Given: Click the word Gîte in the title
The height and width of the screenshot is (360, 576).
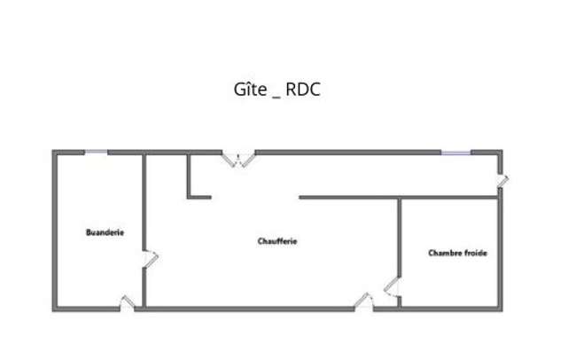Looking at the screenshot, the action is coord(250,90).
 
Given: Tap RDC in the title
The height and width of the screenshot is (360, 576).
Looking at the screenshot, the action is coord(303,90).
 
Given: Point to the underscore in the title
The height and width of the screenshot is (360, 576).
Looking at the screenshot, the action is coord(276,98).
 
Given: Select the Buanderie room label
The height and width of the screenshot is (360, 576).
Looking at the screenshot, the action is coord(105,232).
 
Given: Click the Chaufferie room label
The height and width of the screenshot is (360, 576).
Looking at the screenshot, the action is coord(277,241).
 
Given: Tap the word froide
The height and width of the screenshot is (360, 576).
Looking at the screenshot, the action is coord(475,253).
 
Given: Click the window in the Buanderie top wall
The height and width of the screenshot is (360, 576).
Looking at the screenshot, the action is coord(97,152).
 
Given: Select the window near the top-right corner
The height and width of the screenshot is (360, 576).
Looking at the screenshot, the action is coord(455,153).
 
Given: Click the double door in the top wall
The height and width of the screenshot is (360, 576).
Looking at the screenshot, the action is coord(238,160).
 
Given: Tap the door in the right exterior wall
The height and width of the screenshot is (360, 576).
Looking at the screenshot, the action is coord(502,180).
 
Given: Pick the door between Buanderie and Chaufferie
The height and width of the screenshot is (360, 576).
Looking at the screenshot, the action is coord(150,258).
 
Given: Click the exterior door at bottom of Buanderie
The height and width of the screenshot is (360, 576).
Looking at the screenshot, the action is coord(127,302).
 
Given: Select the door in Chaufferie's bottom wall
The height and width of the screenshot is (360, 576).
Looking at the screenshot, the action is coord(364,301).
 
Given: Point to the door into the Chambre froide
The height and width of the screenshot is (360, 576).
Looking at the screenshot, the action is coord(392,286).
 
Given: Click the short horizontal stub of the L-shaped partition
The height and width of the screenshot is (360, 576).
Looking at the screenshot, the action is coord(199,198).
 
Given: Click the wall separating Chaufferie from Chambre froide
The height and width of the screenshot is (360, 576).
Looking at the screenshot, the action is coord(400,238).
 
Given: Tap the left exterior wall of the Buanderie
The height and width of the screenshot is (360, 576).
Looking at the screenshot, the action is coord(55,231).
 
